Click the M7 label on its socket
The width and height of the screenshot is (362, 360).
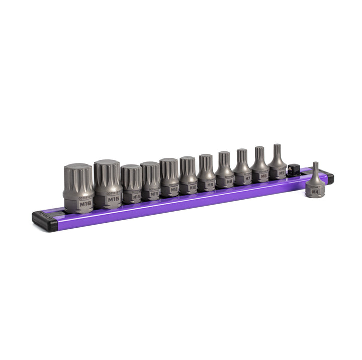click(x=247, y=178)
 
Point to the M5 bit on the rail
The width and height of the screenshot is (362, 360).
click(x=277, y=162)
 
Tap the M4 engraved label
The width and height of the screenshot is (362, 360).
click(x=315, y=192)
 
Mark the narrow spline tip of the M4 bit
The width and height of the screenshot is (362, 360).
click(x=315, y=168)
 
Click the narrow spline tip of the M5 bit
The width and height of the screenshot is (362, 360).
click(x=277, y=150)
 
